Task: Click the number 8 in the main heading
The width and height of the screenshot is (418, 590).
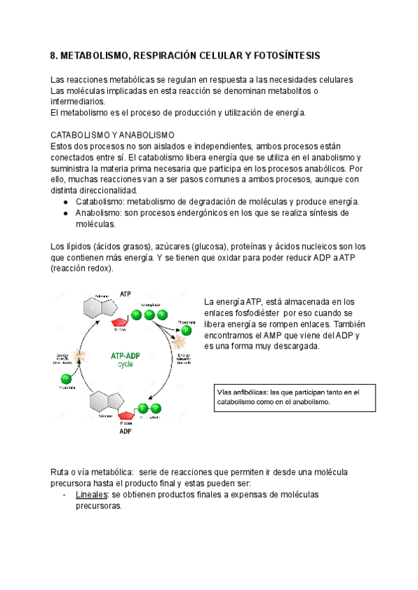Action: [x=55, y=55]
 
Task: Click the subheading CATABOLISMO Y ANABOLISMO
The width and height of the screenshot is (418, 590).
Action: [x=112, y=135]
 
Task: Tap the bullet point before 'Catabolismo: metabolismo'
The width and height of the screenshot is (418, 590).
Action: [x=65, y=202]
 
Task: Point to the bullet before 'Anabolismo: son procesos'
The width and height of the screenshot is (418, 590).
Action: [x=65, y=213]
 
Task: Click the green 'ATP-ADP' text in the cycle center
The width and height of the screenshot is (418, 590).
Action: [x=125, y=355]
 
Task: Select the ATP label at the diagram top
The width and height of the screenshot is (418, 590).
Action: [x=125, y=294]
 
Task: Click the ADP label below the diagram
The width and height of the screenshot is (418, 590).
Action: [x=125, y=431]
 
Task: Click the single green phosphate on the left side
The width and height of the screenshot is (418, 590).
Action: [x=67, y=378]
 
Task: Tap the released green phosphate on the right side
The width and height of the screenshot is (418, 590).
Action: [x=186, y=330]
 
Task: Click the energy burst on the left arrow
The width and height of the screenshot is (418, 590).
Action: [x=79, y=357]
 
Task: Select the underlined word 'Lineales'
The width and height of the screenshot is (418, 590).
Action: [x=91, y=495]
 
